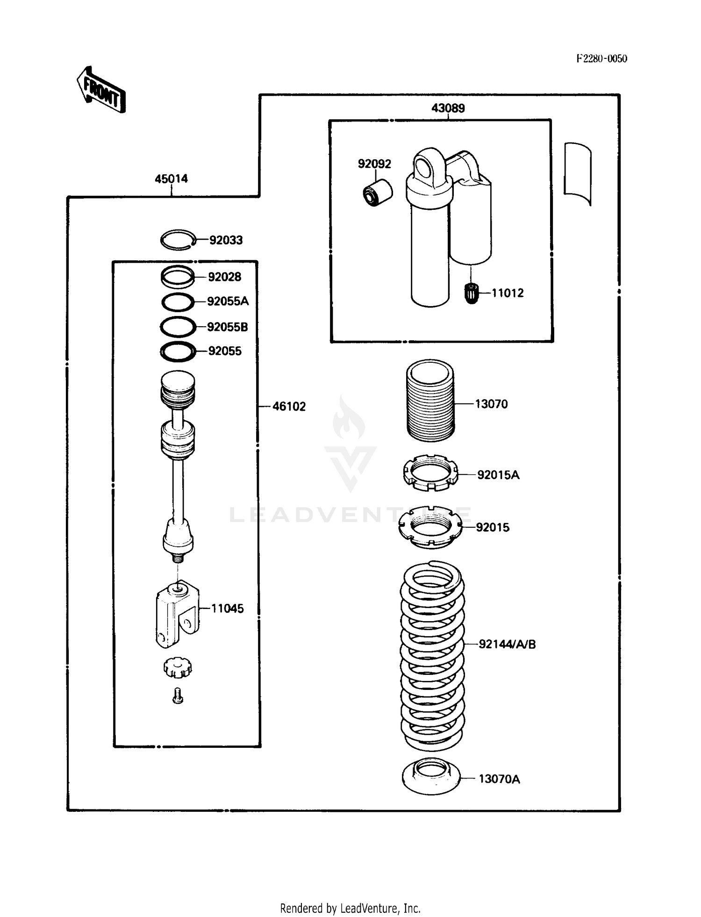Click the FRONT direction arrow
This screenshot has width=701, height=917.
tap(101, 90)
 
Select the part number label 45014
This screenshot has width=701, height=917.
tap(171, 179)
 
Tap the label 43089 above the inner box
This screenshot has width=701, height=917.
tap(448, 108)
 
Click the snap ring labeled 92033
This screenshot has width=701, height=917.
tap(178, 240)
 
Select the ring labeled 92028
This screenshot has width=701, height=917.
tap(178, 277)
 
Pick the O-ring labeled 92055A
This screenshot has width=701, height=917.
tap(178, 302)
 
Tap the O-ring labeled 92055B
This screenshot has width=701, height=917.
tap(178, 327)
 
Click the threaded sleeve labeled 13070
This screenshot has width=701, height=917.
tap(430, 401)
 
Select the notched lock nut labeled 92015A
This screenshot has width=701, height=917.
tap(430, 473)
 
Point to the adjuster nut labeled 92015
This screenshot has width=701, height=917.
tap(430, 527)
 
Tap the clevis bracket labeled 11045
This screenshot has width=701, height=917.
tap(177, 614)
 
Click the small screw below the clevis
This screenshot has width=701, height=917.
tap(178, 696)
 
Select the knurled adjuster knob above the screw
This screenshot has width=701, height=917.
tap(178, 667)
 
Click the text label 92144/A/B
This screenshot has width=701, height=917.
tap(507, 645)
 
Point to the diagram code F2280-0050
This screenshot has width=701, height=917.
tap(601, 58)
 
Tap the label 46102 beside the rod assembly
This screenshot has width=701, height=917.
tap(289, 407)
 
